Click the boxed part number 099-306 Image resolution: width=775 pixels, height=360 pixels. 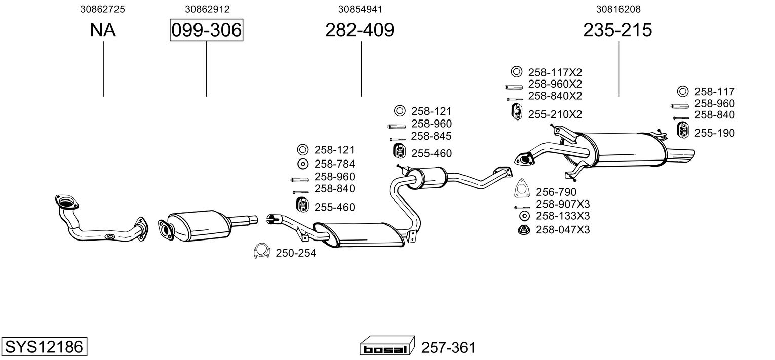[206, 30]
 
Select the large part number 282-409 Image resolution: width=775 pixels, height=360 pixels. [360, 30]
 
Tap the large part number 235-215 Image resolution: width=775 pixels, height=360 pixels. [617, 30]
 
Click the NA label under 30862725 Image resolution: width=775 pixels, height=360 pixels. [103, 30]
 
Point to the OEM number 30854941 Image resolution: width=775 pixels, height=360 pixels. [360, 9]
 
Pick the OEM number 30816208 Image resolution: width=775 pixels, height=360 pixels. [618, 9]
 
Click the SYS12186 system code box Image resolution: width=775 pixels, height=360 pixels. [44, 347]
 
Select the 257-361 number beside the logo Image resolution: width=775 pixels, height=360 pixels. [448, 348]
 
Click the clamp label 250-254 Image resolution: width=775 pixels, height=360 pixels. [296, 253]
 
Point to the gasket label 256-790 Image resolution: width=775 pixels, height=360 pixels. [556, 192]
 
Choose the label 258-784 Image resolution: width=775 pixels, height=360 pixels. [334, 164]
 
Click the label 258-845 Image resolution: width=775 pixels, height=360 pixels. [431, 136]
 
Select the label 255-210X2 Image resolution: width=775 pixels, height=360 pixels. [555, 114]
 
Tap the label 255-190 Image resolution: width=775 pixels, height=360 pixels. [714, 133]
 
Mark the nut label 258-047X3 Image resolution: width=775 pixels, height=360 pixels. [563, 230]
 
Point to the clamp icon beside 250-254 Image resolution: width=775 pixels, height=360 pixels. [261, 251]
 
